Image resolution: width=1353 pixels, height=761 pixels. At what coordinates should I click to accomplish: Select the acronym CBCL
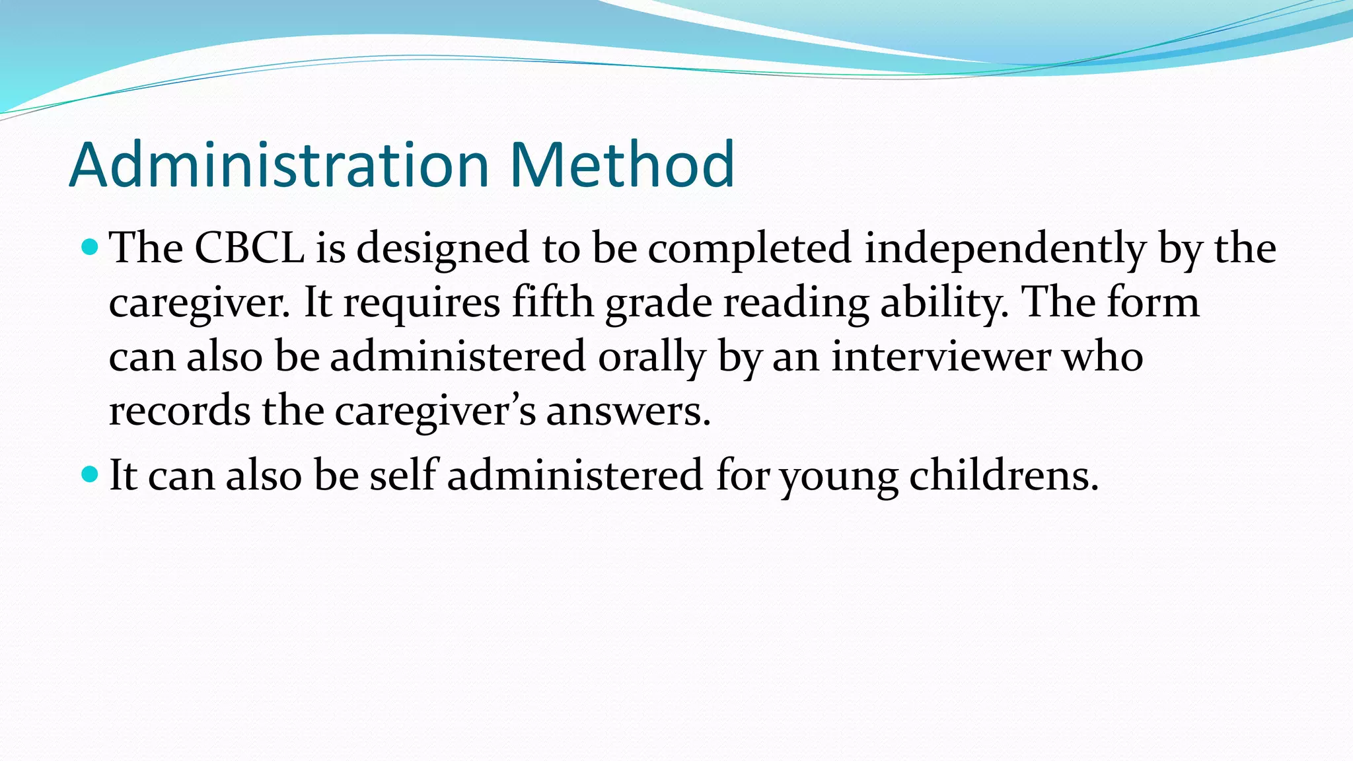tap(249, 248)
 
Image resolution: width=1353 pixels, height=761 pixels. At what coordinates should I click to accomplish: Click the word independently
tap(1005, 250)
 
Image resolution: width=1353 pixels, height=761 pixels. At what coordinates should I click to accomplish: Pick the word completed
tap(749, 250)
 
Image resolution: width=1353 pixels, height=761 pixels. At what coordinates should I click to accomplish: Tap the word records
tap(179, 411)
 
